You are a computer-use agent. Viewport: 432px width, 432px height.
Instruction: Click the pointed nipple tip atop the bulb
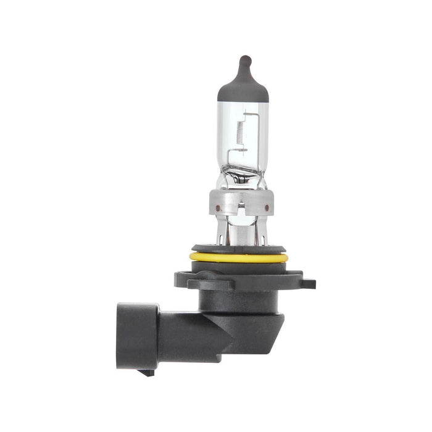click(244, 60)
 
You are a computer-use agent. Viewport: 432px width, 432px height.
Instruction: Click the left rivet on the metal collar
click(217, 208)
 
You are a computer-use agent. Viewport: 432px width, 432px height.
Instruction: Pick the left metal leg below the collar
click(227, 231)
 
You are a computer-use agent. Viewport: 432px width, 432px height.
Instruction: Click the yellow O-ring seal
click(238, 257)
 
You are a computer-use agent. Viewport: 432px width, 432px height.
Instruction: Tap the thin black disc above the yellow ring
click(238, 249)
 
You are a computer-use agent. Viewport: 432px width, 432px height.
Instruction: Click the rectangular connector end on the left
click(137, 336)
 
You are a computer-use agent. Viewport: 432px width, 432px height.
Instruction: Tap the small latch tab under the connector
click(147, 372)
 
